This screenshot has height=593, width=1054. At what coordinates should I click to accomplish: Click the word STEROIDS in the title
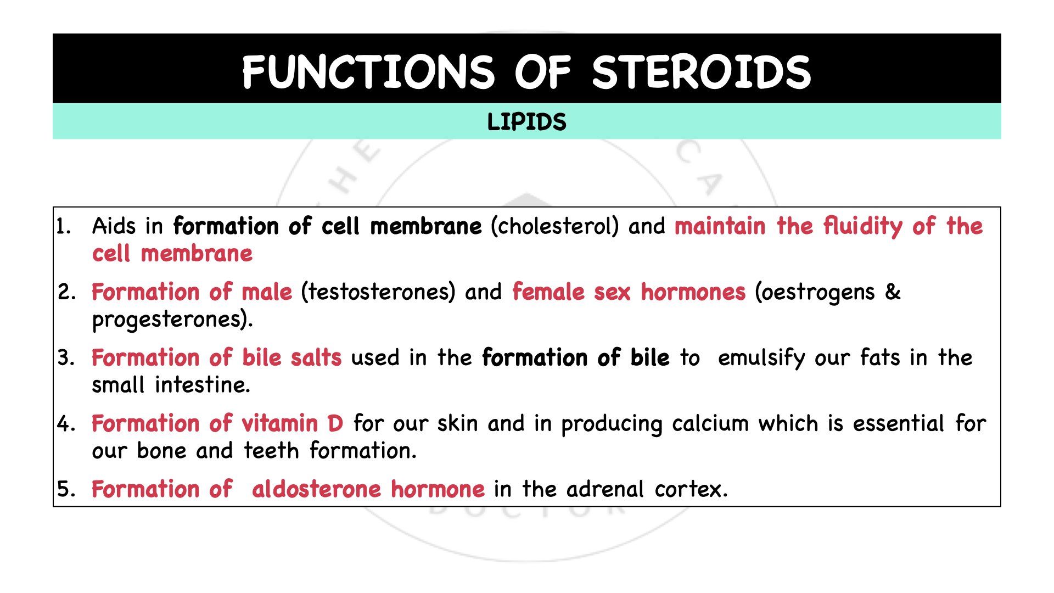pos(701,72)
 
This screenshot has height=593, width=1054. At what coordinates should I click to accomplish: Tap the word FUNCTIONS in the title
pos(368,72)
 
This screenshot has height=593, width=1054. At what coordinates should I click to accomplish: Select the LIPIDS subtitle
pos(526,122)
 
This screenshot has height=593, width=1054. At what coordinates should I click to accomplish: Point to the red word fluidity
pos(862,227)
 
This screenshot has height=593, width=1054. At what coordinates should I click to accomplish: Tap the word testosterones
pos(378,292)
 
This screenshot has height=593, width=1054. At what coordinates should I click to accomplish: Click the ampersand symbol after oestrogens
pos(893,292)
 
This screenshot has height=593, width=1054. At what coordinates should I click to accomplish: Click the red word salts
pos(316,357)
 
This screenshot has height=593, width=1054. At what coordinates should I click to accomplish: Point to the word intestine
pos(202,385)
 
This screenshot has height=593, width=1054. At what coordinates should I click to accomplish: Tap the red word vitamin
pos(280,423)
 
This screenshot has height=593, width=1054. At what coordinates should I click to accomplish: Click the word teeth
pos(271,451)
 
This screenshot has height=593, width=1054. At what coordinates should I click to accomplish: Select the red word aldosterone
pos(316,489)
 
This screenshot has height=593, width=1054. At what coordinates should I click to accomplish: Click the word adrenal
pos(604,489)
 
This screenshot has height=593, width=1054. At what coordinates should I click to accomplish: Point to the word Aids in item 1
pos(114,226)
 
